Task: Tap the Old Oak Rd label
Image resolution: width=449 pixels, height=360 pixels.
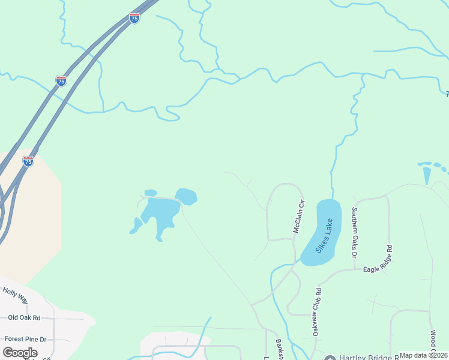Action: (24, 317)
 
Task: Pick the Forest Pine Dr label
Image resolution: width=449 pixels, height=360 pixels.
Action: (25, 339)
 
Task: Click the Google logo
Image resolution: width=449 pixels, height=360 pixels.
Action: (20, 352)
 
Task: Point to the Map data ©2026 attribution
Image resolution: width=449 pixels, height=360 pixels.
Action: (423, 355)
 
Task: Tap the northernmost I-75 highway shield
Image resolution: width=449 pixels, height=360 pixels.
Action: (134, 19)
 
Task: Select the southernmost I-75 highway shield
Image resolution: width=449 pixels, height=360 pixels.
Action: (28, 161)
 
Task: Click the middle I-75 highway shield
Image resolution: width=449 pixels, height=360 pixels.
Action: (61, 81)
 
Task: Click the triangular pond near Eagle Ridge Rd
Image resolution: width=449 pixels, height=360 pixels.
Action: (427, 175)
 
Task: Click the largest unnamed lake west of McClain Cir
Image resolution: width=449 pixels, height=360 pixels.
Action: (159, 213)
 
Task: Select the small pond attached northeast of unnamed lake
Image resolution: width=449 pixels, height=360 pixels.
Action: (187, 196)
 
